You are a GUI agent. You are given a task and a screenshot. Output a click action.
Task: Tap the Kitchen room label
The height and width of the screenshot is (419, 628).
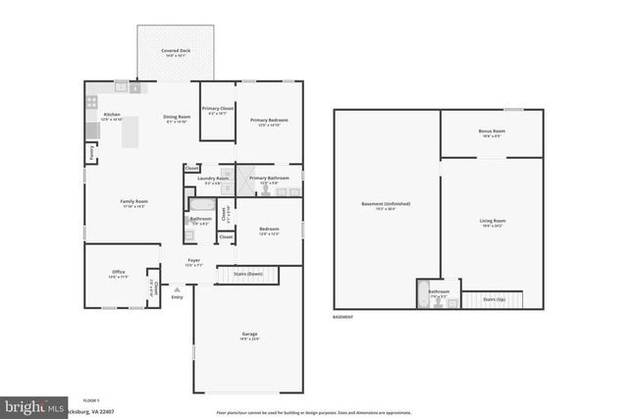pos(112,116)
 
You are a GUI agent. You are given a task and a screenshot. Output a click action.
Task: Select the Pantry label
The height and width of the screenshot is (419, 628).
pos(91,153)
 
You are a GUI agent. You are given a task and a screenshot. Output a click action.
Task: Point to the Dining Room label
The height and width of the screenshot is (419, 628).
pos(178,118)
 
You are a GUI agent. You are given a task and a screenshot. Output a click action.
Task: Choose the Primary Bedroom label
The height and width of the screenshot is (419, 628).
pos(268,122)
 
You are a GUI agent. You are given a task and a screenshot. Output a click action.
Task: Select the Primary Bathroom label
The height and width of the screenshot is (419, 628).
pos(269,180)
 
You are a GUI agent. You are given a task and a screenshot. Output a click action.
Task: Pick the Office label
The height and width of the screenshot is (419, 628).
pos(118,274)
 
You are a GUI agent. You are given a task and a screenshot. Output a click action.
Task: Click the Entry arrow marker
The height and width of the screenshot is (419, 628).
pos(177,290)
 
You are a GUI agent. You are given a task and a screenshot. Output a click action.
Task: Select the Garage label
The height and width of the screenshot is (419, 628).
pos(249,336)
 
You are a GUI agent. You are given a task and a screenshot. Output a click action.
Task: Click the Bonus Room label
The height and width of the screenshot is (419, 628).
pos(492,132)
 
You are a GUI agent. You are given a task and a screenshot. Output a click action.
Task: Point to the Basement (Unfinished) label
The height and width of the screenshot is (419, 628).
pos(386,205)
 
